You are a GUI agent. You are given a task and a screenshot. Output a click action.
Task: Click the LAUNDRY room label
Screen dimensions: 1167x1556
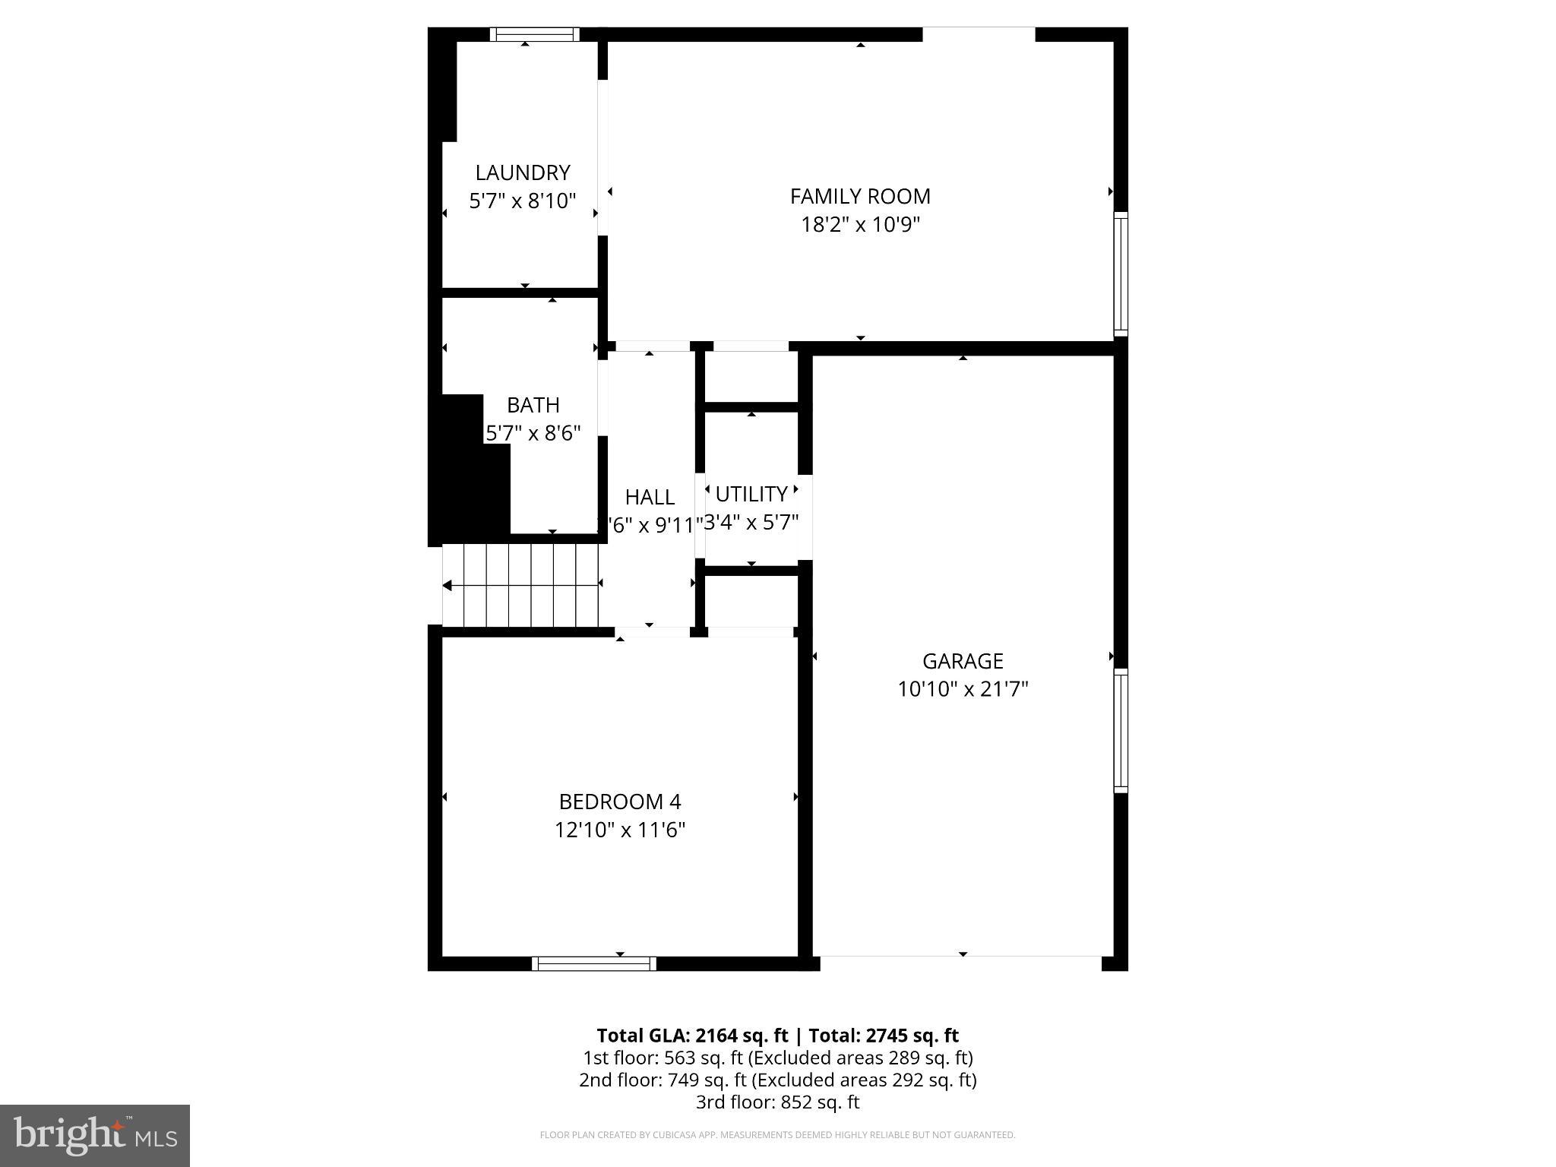tap(522, 172)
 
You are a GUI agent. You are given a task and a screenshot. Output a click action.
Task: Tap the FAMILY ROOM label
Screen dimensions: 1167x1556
tap(860, 196)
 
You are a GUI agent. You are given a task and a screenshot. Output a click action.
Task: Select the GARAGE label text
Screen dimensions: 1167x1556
tap(963, 661)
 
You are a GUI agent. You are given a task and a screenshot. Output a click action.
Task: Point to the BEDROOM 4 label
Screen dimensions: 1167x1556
tap(620, 802)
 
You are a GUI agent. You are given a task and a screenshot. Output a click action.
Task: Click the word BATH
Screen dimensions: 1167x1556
tap(533, 405)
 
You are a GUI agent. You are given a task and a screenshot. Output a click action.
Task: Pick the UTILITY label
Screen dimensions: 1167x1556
tap(751, 495)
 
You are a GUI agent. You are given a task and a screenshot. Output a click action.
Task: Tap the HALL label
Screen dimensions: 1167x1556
tap(650, 497)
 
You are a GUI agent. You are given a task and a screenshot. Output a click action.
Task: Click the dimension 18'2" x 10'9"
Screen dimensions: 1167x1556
tap(860, 225)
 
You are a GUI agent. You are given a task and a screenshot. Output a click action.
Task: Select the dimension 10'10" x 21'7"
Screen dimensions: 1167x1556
tap(963, 689)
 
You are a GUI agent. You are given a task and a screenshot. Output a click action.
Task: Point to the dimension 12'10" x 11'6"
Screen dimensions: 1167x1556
tap(620, 830)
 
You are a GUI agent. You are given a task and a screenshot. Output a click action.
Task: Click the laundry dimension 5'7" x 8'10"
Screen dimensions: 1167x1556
tap(522, 201)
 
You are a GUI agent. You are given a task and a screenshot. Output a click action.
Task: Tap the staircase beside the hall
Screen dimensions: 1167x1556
tap(521, 586)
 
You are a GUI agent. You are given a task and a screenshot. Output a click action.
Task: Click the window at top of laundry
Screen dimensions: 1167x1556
tap(534, 34)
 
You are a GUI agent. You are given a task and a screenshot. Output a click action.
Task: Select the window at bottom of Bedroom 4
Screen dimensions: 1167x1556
tap(594, 963)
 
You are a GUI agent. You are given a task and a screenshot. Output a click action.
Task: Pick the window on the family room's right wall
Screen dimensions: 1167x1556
tap(1121, 274)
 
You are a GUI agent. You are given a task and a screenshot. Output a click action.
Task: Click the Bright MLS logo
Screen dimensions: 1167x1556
tap(95, 1136)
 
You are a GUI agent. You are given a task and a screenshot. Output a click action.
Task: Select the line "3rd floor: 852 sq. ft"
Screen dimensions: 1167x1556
tap(777, 1102)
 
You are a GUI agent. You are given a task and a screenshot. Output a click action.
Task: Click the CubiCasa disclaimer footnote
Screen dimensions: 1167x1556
tap(777, 1135)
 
